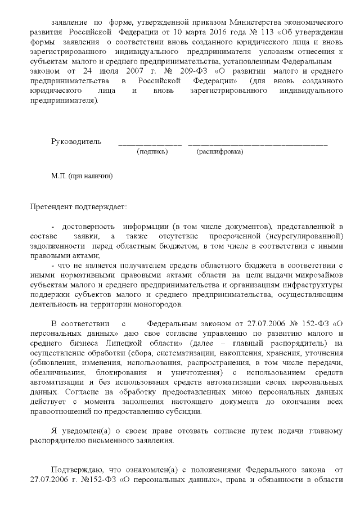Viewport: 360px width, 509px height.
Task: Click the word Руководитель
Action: (x=76, y=141)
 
